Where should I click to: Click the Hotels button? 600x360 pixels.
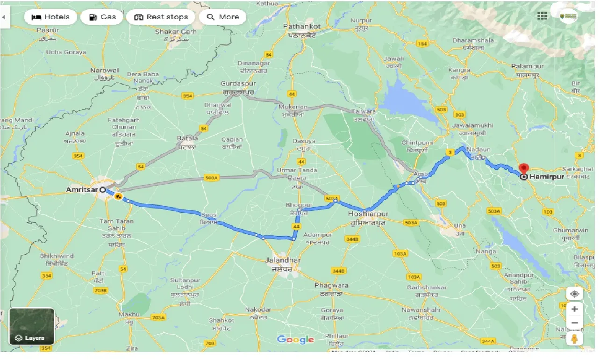(x=50, y=17)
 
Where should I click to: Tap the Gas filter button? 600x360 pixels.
(x=102, y=17)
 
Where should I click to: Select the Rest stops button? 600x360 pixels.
(x=161, y=17)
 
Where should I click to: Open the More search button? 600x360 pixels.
(x=223, y=17)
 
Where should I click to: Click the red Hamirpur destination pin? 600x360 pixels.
(x=524, y=169)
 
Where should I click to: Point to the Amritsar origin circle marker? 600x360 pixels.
(x=102, y=190)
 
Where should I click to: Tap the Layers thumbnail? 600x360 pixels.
(x=32, y=326)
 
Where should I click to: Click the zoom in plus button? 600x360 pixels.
(x=574, y=309)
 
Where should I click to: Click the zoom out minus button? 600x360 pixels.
(x=574, y=323)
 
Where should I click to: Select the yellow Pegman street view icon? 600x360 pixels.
(x=574, y=339)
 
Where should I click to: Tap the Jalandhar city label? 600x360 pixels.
(x=282, y=260)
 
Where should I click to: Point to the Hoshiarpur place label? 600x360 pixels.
(x=368, y=214)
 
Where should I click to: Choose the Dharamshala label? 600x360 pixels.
(x=473, y=40)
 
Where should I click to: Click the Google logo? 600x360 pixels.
(x=295, y=339)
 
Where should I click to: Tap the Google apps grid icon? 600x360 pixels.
(x=542, y=16)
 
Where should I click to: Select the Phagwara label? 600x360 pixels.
(x=331, y=285)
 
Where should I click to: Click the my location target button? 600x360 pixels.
(x=574, y=294)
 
